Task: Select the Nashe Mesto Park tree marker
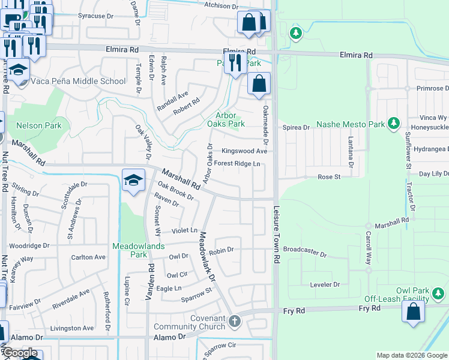(x=394, y=124)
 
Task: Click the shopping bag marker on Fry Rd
(x=413, y=312)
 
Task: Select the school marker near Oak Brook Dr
(x=133, y=179)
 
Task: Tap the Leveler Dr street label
(x=325, y=284)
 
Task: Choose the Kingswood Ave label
(x=244, y=151)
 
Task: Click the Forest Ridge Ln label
(x=237, y=163)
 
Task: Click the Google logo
(x=20, y=353)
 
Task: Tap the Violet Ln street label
(x=184, y=230)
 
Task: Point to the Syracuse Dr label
(x=92, y=16)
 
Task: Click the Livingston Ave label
(x=72, y=328)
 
